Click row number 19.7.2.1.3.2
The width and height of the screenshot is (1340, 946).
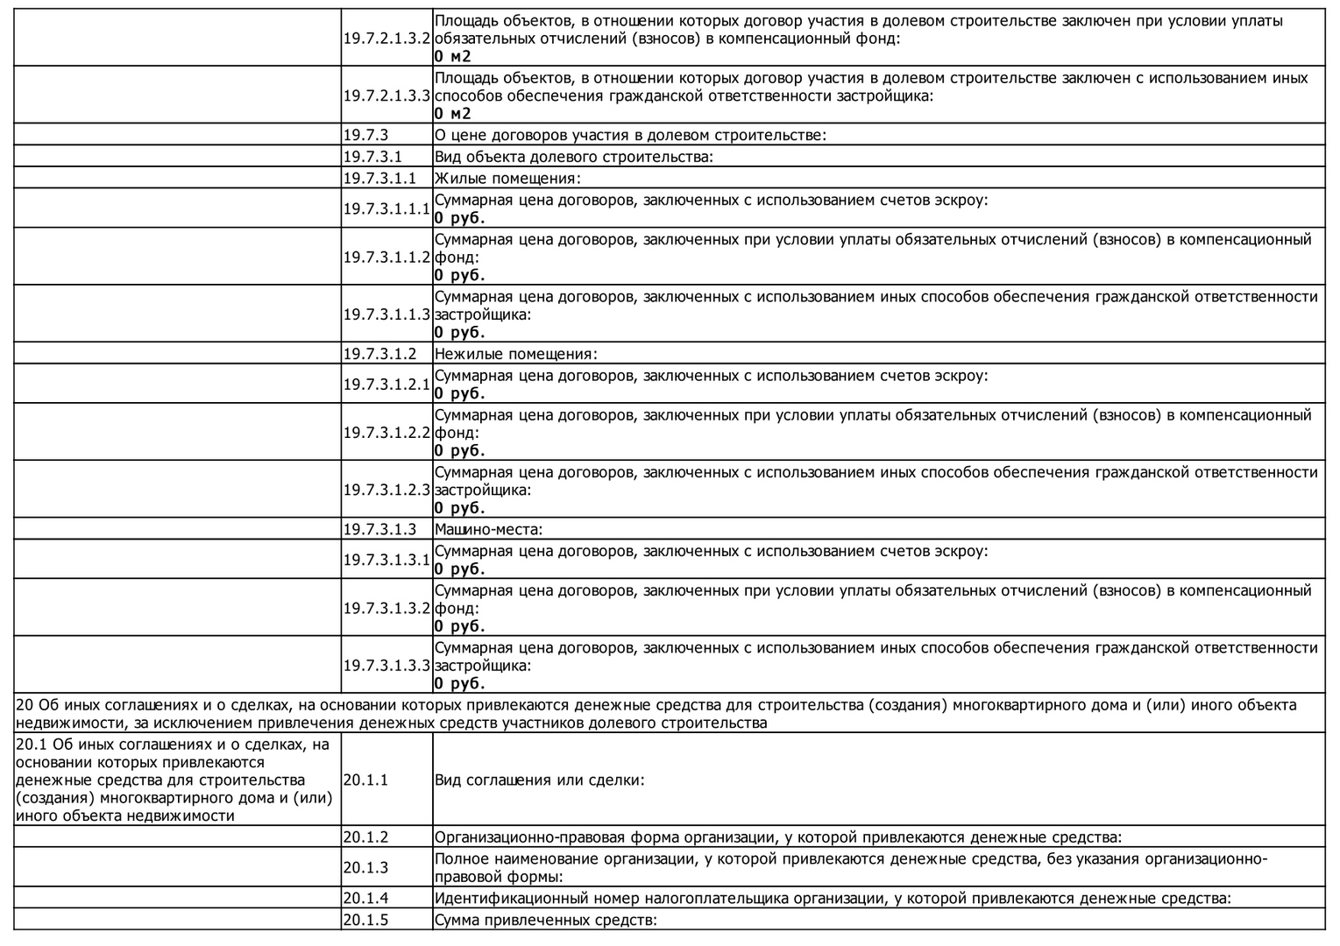(386, 39)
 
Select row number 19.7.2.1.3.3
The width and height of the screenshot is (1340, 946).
(386, 95)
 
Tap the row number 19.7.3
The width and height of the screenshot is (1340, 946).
(365, 135)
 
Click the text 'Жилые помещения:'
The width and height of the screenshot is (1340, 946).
(507, 179)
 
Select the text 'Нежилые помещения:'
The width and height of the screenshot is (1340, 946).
(515, 354)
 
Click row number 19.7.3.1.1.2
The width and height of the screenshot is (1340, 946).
(386, 258)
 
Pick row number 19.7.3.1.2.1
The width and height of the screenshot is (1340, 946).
(386, 385)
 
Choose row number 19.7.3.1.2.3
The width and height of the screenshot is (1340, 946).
(386, 490)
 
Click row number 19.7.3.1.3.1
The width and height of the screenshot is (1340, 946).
(386, 560)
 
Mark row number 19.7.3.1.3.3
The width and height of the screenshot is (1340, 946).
(386, 666)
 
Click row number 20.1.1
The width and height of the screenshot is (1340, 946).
(365, 780)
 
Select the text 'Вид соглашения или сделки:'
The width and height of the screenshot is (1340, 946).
(540, 780)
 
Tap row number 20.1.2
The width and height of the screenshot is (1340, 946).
(365, 837)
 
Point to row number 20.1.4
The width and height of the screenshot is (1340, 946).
(365, 898)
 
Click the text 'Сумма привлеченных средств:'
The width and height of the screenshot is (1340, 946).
(545, 920)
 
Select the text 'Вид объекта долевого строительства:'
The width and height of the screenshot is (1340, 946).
(574, 157)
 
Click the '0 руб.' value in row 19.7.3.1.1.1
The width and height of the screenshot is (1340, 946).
(459, 218)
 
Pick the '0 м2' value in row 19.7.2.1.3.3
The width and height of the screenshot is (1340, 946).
(452, 114)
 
